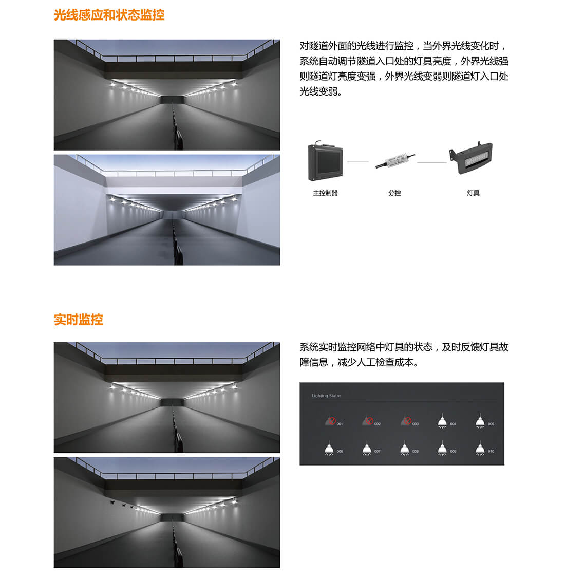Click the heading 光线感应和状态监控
109,15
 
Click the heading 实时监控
78,320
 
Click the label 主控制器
325,193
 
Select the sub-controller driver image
394,161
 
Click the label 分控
394,193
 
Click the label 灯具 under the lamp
473,193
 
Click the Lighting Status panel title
326,396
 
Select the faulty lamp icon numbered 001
330,421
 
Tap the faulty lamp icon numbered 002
368,421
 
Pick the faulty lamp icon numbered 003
406,421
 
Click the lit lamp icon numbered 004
442,421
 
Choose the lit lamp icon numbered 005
480,421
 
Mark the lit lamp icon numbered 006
329,448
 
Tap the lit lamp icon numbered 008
405,448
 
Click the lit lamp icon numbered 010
480,448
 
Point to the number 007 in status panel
378,452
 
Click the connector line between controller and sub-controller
358,162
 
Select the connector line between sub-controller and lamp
431,162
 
